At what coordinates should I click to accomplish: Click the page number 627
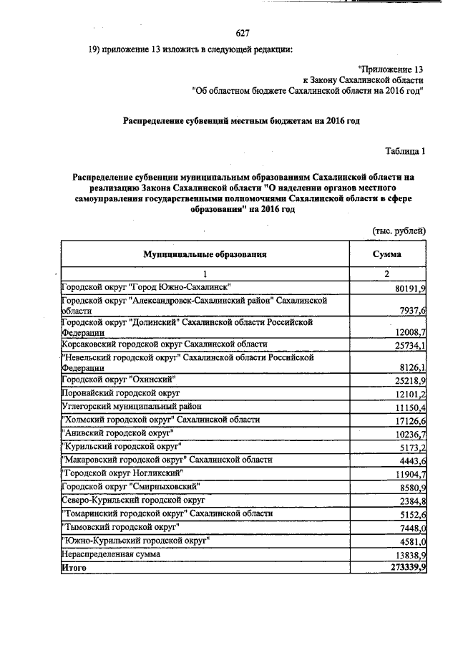[242, 32]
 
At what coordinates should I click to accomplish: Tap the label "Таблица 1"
[405, 151]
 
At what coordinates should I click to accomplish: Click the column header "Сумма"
[386, 253]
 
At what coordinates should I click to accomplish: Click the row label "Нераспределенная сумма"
[111, 553]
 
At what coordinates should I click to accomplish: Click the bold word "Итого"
[74, 567]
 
